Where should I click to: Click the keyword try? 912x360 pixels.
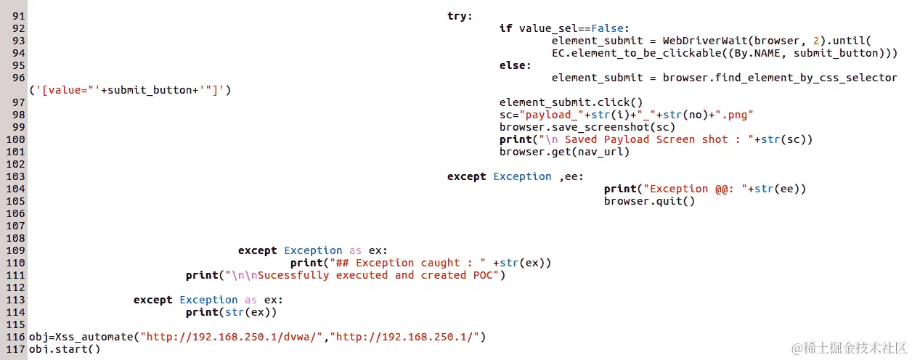(x=460, y=16)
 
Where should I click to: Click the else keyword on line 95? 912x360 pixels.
(x=515, y=65)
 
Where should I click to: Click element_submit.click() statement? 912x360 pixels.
(x=571, y=102)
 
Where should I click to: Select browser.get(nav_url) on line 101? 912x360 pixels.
(x=564, y=152)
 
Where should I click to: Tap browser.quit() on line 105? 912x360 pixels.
(x=649, y=201)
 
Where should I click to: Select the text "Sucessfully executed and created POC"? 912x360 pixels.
(x=378, y=275)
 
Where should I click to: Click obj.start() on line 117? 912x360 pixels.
(x=65, y=349)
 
